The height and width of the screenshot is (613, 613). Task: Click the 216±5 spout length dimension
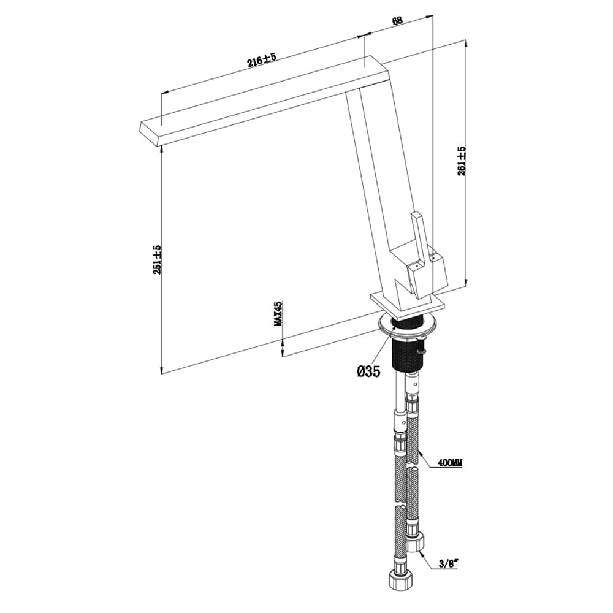262,60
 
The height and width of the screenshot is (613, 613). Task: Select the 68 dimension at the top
397,20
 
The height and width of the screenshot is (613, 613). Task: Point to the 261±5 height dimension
462,161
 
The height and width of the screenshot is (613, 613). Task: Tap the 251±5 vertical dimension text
157,259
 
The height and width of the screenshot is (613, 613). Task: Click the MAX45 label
278,313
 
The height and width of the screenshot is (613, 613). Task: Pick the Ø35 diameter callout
368,371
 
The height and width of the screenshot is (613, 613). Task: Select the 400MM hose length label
451,463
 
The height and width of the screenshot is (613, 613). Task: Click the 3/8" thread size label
449,563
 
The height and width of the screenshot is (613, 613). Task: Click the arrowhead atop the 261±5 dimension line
465,43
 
